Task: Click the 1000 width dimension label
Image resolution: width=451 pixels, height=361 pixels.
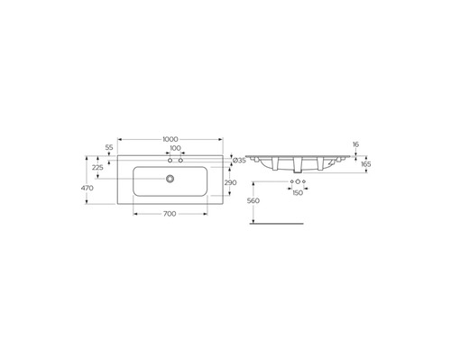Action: pos(170,139)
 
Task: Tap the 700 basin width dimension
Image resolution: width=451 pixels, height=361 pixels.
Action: pos(170,214)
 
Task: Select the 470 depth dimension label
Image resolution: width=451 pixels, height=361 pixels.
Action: pos(87,188)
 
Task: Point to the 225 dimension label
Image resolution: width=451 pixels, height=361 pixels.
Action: pos(97,168)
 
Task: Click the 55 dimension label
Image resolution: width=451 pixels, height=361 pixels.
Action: pos(109,148)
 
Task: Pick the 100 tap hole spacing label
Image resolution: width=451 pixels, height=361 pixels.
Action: pos(175,148)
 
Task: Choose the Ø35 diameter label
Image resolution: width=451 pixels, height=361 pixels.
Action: pos(240,161)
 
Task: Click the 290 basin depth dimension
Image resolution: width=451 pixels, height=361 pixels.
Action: pos(230,182)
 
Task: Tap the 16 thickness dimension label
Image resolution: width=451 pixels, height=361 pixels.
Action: pos(355,144)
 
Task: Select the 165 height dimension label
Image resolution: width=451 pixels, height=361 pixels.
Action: pos(366,164)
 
